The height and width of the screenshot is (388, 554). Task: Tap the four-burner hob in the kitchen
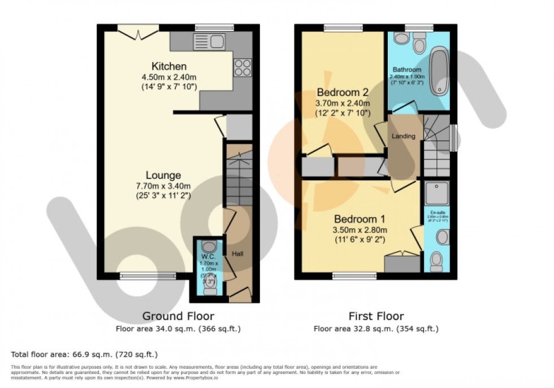click(243, 67)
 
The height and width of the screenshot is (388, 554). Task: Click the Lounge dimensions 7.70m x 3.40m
click(163, 186)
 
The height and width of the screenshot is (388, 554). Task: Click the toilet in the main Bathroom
click(419, 42)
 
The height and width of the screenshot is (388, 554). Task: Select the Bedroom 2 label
click(343, 92)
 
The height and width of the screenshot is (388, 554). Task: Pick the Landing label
click(403, 136)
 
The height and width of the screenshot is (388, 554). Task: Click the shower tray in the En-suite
click(436, 193)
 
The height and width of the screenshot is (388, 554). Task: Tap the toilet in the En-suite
click(436, 261)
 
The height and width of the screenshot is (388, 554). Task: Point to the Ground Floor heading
click(178, 316)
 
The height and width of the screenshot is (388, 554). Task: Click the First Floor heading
click(376, 316)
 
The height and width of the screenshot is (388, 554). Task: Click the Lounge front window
click(138, 276)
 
